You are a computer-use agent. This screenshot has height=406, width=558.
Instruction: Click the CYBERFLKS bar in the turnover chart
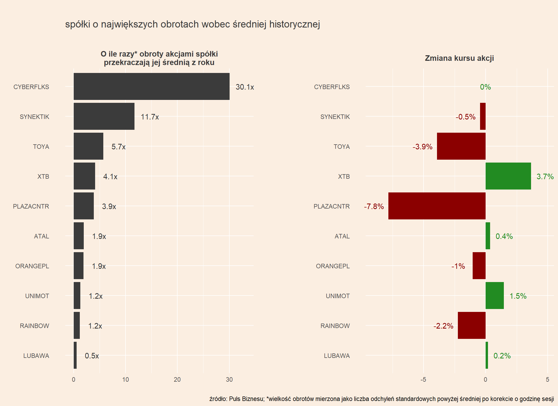pyautogui.click(x=151, y=86)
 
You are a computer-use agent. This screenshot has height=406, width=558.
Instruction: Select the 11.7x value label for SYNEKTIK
pyautogui.click(x=150, y=117)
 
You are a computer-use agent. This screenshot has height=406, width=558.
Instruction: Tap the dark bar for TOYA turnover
pyautogui.click(x=88, y=146)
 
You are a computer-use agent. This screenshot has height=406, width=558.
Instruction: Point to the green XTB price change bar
pyautogui.click(x=508, y=176)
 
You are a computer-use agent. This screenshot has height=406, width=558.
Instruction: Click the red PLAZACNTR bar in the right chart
pyautogui.click(x=437, y=206)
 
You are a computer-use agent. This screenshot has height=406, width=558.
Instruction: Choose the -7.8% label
pyautogui.click(x=374, y=206)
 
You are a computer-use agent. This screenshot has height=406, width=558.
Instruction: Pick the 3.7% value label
pyautogui.click(x=545, y=177)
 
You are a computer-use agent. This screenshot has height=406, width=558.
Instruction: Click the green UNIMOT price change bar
pyautogui.click(x=494, y=296)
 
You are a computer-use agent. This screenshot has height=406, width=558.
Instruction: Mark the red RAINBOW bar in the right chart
pyautogui.click(x=472, y=325)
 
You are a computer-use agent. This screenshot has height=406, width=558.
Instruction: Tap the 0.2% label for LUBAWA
pyautogui.click(x=502, y=356)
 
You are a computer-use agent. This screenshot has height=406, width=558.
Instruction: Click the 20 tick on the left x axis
pyautogui.click(x=177, y=380)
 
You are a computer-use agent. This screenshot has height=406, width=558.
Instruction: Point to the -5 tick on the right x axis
pyautogui.click(x=423, y=380)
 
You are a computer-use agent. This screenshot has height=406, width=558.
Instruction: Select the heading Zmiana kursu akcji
pyautogui.click(x=459, y=58)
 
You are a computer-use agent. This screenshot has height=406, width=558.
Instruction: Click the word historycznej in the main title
pyautogui.click(x=294, y=24)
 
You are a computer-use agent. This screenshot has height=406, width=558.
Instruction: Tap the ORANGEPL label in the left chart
pyautogui.click(x=32, y=266)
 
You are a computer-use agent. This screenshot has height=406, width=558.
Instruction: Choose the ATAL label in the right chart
pyautogui.click(x=342, y=236)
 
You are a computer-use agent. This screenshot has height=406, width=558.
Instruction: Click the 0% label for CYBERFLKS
pyautogui.click(x=485, y=87)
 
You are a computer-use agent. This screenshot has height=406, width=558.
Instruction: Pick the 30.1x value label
pyautogui.click(x=245, y=87)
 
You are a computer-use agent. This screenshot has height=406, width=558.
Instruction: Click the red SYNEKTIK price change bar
pyautogui.click(x=483, y=116)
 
